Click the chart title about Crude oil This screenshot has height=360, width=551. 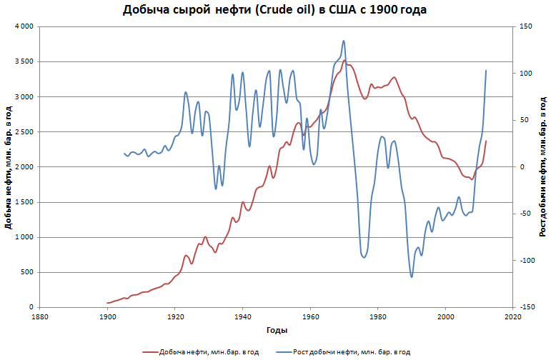pyautogui.click(x=275, y=10)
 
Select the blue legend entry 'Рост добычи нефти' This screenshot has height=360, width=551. pyautogui.click(x=350, y=351)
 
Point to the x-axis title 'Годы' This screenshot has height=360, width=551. pyautogui.click(x=277, y=330)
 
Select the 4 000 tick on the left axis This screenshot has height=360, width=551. pyautogui.click(x=24, y=26)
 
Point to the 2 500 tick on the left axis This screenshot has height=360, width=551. pyautogui.click(x=24, y=132)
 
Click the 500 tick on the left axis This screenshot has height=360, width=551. pyautogui.click(x=27, y=272)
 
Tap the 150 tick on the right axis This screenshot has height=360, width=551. pyautogui.click(x=526, y=26)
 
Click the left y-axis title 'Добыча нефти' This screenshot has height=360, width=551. pyautogui.click(x=8, y=167)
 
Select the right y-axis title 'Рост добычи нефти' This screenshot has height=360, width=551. pyautogui.click(x=542, y=167)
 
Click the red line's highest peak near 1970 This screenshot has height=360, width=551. pyautogui.click(x=344, y=61)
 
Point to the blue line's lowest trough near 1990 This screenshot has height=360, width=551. pyautogui.click(x=412, y=276)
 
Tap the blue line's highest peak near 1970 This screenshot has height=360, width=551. pyautogui.click(x=344, y=41)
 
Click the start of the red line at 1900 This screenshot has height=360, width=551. pyautogui.click(x=108, y=303)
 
